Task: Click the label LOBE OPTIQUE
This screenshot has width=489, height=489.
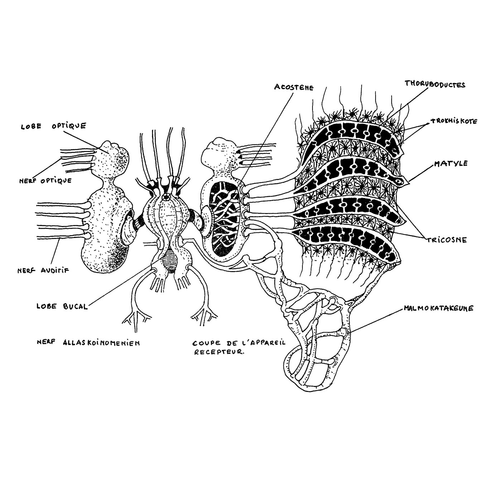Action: pos(54,126)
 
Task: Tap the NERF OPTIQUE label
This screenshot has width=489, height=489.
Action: pos(45,181)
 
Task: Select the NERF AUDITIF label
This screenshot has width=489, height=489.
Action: pos(43,271)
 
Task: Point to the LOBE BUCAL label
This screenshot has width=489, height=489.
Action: pos(62,306)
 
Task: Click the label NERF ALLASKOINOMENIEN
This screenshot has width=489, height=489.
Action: pos(88,343)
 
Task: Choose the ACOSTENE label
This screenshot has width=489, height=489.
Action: pos(294,87)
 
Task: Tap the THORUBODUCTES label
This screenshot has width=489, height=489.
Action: pos(435,84)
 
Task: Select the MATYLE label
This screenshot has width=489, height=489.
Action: pos(451,163)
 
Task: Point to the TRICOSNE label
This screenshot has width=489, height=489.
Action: pos(446,240)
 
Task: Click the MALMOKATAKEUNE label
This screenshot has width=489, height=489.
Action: pos(439,308)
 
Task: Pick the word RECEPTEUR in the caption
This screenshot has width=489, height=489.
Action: pos(219,352)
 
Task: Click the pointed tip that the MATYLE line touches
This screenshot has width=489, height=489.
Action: pos(407,182)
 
